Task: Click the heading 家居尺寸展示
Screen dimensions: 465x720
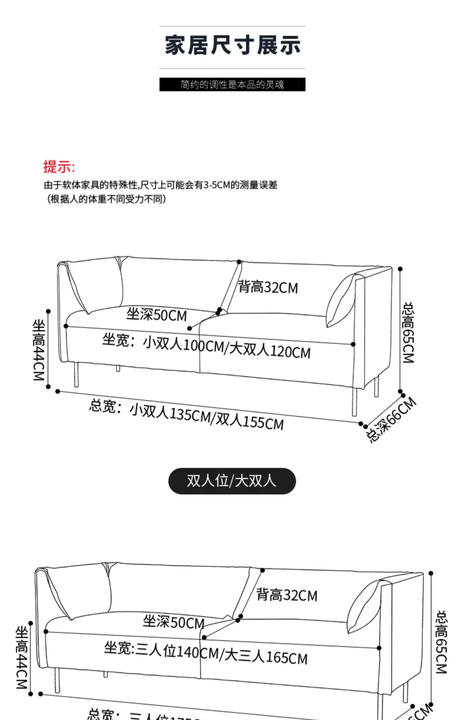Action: point(232,45)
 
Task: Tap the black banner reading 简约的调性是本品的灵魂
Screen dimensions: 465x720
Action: point(232,84)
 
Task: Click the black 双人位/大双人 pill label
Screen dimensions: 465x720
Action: point(232,481)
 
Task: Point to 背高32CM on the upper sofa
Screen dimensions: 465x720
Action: point(268,287)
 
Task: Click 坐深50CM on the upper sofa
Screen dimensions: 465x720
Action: point(157,315)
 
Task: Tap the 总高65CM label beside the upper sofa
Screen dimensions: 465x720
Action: point(408,333)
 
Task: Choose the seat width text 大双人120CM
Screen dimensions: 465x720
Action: point(270,350)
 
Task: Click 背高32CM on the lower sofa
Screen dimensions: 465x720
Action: point(287,595)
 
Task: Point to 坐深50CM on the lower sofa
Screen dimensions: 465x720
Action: point(174,622)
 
